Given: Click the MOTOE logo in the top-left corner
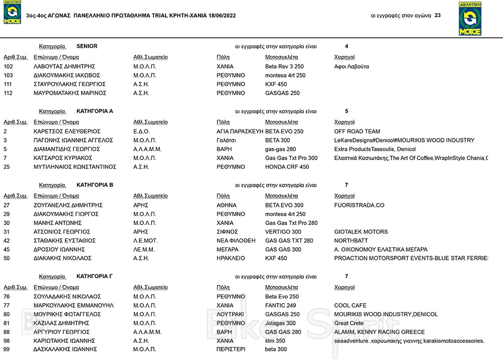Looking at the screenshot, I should click(x=12, y=13).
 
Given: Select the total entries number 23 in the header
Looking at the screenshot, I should click(x=438, y=16).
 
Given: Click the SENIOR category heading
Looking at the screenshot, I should click(x=87, y=46).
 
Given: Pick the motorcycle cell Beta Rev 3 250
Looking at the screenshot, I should click(x=284, y=66).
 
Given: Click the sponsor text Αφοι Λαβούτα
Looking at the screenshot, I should click(x=351, y=66).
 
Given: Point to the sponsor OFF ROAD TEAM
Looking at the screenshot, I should click(x=357, y=131).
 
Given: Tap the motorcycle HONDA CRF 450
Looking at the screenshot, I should click(x=287, y=167).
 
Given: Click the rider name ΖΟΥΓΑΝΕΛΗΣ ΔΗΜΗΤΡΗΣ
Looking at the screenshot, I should click(x=68, y=205).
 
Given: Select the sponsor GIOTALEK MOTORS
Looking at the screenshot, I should click(x=361, y=232).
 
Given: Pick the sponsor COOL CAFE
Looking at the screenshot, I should click(x=350, y=306).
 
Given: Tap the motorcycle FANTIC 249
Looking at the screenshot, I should click(x=280, y=306).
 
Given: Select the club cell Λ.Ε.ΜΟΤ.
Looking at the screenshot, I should click(x=145, y=241).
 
